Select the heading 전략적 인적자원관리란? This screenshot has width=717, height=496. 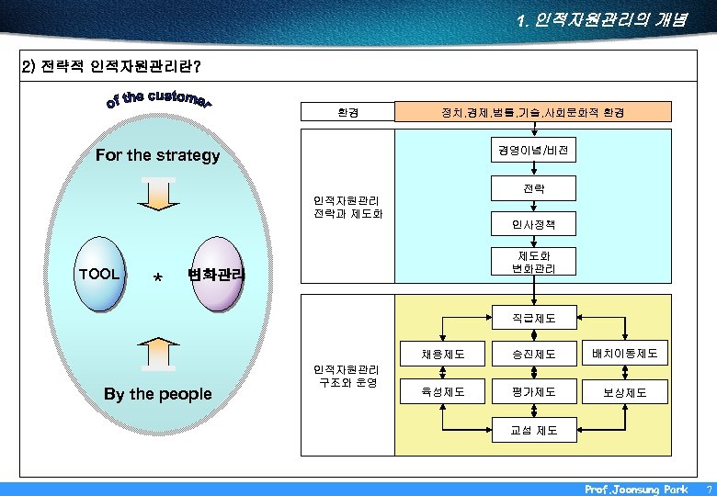pos(110,67)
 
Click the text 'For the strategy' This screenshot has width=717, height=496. pos(157,155)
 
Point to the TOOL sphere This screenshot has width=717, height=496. pos(99,274)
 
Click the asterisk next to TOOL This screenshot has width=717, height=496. pos(158,278)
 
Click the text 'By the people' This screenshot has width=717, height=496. pos(157,394)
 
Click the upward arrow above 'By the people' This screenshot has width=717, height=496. pos(158,353)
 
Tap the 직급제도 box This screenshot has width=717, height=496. pos(533,319)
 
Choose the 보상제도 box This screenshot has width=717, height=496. pos(625,392)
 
